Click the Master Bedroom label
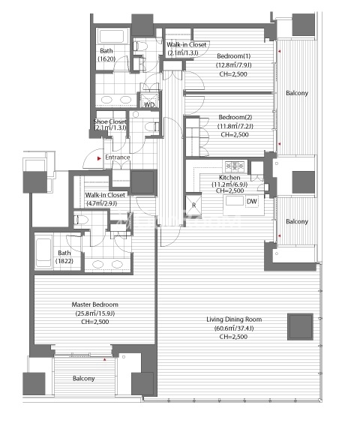[x=94, y=304]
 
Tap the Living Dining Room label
[x=234, y=319]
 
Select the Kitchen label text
[x=229, y=178]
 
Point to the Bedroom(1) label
[x=234, y=56]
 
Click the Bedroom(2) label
[x=235, y=117]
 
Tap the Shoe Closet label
[x=109, y=121]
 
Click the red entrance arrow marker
[x=99, y=158]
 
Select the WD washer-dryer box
[x=149, y=100]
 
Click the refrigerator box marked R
[x=193, y=205]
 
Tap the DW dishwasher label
[x=252, y=202]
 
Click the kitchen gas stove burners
[x=235, y=166]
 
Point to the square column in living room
[x=300, y=327]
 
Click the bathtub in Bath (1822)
[x=43, y=252]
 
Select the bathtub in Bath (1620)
[x=112, y=36]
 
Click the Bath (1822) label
[x=64, y=256]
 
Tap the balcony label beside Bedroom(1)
[x=297, y=93]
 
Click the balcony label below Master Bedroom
[x=83, y=378]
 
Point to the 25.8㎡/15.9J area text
[x=95, y=313]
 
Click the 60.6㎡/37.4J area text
[x=234, y=328]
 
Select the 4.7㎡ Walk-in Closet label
[x=105, y=199]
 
